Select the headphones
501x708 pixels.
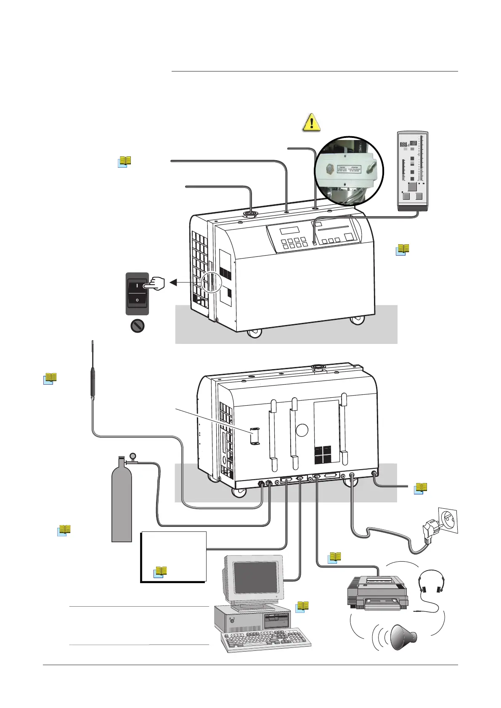pos(431,584)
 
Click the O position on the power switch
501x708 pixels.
pos(137,300)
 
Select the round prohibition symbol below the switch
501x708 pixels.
pos(138,326)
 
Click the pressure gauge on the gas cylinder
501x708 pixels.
pos(133,455)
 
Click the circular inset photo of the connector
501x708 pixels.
pos(349,170)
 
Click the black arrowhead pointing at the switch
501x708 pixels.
pos(173,283)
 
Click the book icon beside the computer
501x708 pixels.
pos(302,607)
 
